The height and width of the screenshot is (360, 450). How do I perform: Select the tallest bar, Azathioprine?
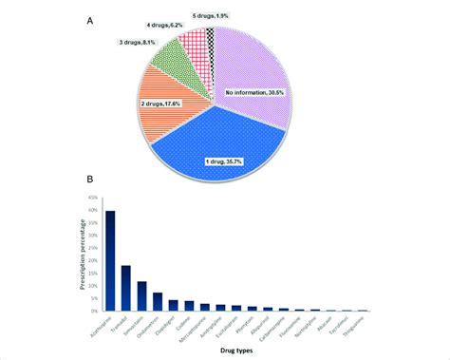tap(110, 261)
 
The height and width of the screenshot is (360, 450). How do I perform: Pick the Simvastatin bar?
tap(142, 296)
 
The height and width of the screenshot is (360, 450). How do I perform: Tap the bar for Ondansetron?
tap(158, 302)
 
